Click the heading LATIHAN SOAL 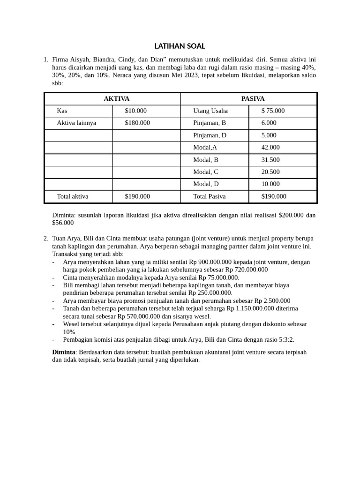180,46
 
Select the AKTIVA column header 116,99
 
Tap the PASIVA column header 253,99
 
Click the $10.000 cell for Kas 135,111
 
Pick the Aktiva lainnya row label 76,123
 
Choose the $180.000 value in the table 137,123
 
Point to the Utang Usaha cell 210,111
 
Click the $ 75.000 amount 273,111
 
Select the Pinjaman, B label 210,123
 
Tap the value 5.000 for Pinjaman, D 269,135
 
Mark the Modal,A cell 205,148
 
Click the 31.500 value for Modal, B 270,160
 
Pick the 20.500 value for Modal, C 270,172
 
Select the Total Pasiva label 209,196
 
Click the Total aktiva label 73,196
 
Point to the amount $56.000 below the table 63,223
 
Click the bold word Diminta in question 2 63,352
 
